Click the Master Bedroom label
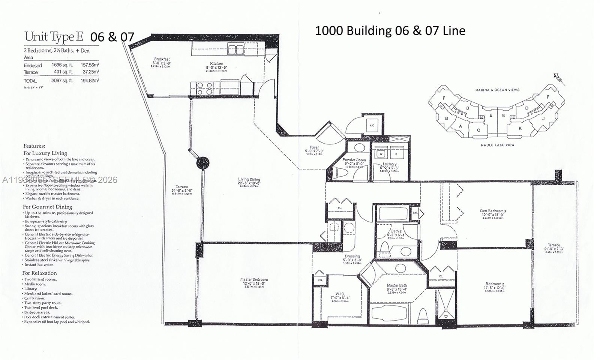pyautogui.click(x=254, y=279)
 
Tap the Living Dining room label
pyautogui.click(x=249, y=180)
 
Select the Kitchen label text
pyautogui.click(x=216, y=64)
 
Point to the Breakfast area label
pyautogui.click(x=162, y=59)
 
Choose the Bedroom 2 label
pyautogui.click(x=494, y=284)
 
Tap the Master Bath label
pyautogui.click(x=397, y=286)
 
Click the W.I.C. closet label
pyautogui.click(x=340, y=294)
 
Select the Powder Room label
pyautogui.click(x=354, y=160)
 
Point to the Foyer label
pyautogui.click(x=314, y=147)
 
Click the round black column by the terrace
pyautogui.click(x=202, y=163)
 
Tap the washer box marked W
pyautogui.click(x=381, y=154)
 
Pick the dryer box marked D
pyautogui.click(x=396, y=154)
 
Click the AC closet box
pyautogui.click(x=372, y=125)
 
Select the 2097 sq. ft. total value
pyautogui.click(x=62, y=81)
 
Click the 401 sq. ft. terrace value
pyautogui.click(x=62, y=72)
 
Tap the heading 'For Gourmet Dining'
pyautogui.click(x=47, y=207)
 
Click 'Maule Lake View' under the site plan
pyautogui.click(x=498, y=145)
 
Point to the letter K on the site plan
pyautogui.click(x=520, y=128)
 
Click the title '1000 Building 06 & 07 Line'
pyautogui.click(x=390, y=31)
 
